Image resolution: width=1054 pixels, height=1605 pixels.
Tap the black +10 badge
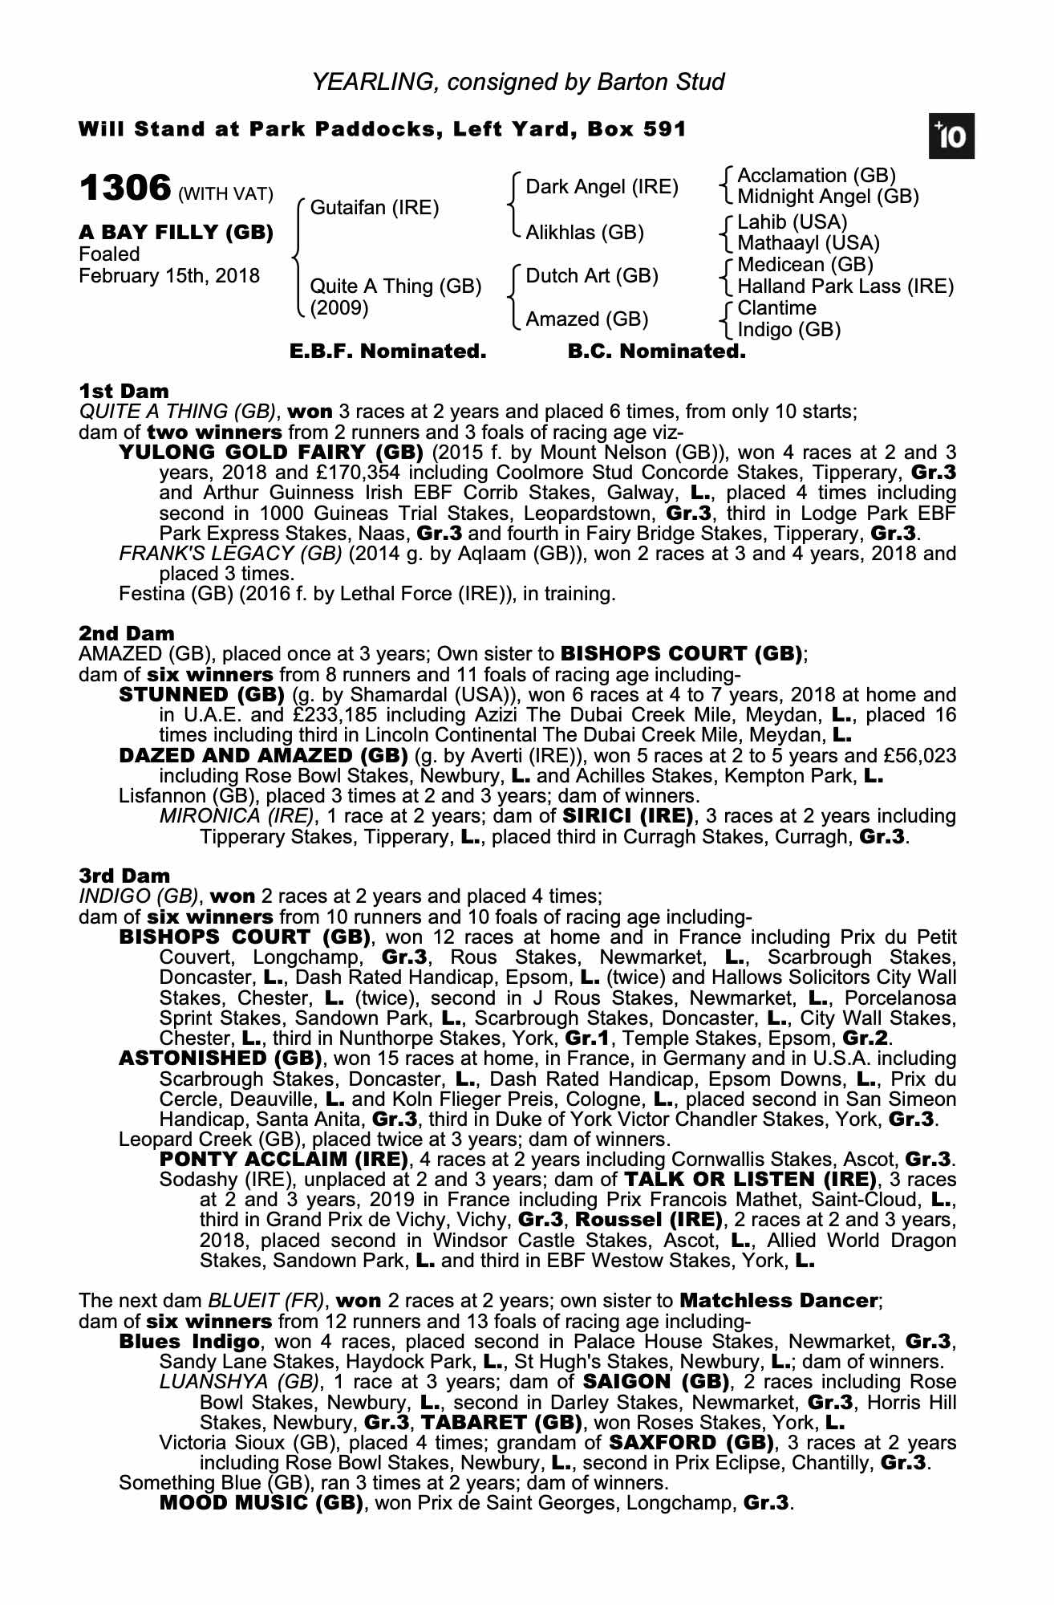click(x=953, y=137)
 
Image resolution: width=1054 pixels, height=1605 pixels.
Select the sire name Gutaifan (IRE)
click(x=375, y=209)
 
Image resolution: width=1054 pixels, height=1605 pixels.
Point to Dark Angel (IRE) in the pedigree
click(x=602, y=188)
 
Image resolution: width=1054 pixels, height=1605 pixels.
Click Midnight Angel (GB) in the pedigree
click(x=828, y=197)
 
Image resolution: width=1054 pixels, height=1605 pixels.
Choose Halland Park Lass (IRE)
click(x=845, y=286)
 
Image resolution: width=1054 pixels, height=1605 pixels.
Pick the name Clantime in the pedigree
click(x=776, y=308)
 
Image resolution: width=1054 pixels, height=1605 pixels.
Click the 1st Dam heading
click(x=124, y=392)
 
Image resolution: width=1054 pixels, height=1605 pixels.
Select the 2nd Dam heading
click(x=127, y=634)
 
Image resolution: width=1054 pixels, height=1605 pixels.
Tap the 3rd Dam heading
click(x=124, y=876)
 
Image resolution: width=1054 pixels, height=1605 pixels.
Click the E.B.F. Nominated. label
click(x=387, y=351)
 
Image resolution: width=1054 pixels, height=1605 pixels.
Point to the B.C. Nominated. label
click(x=656, y=351)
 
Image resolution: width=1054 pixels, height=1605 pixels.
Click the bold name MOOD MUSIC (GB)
click(x=261, y=1502)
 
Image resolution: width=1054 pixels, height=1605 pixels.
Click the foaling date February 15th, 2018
click(x=169, y=276)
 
